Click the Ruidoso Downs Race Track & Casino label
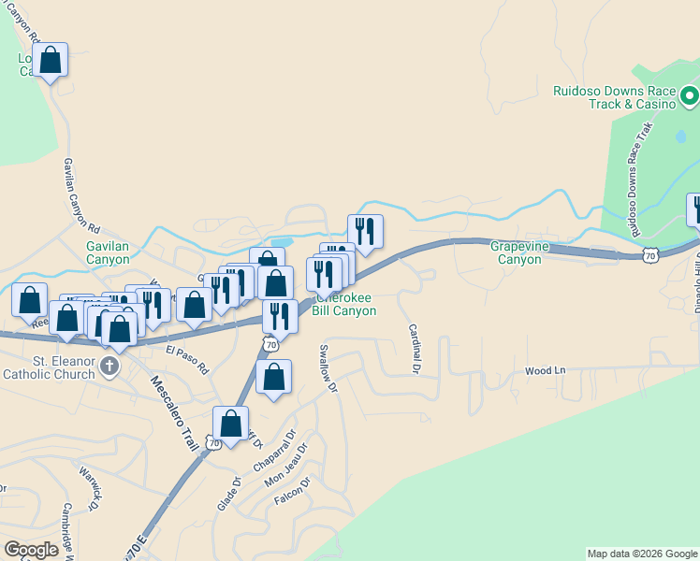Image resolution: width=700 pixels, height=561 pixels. click(613, 97)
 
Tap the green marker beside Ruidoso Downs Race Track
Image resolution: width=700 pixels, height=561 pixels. click(689, 94)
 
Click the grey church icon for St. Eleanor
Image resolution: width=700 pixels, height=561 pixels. click(109, 366)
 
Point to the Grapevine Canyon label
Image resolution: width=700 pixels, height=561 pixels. click(517, 252)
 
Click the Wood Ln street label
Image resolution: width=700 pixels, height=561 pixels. click(546, 371)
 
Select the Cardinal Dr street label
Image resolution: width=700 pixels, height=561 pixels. click(413, 349)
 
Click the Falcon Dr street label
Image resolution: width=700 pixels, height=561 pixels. click(292, 490)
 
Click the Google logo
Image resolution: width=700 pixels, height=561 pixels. click(31, 550)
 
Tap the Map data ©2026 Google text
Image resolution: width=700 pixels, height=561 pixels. click(642, 554)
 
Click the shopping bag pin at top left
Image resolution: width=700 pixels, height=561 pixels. click(51, 61)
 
